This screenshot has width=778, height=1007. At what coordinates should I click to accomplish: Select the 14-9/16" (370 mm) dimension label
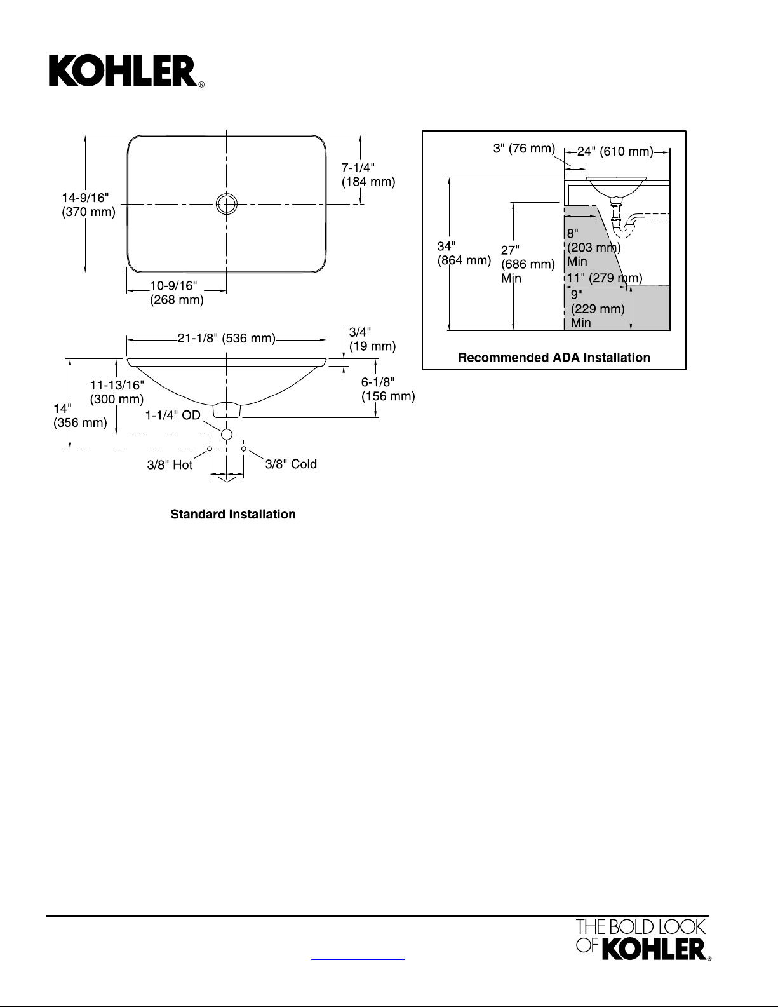[x=88, y=205]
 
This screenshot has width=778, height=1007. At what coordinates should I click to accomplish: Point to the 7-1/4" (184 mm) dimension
[x=368, y=175]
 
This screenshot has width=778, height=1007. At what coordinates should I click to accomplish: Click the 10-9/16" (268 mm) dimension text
[x=176, y=293]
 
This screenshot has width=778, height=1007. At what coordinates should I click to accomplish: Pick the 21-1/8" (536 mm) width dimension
[x=226, y=339]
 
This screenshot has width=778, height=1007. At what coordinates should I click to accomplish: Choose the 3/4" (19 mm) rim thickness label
[x=372, y=339]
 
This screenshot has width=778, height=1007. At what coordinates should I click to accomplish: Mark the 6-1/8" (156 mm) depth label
[x=387, y=389]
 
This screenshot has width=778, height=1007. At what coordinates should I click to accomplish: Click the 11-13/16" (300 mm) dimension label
[x=117, y=392]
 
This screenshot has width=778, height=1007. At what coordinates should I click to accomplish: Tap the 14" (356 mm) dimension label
[x=79, y=416]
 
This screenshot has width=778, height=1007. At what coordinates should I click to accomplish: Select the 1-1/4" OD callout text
[x=173, y=416]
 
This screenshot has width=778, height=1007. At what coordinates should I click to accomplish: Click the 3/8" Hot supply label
[x=170, y=465]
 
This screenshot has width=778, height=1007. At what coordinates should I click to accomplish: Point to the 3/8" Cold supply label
[x=290, y=464]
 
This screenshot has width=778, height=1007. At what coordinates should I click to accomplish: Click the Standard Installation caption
[x=233, y=514]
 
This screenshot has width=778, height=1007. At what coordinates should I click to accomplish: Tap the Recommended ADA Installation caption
[x=554, y=358]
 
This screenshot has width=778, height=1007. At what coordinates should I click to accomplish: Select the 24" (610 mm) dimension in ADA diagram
[x=615, y=151]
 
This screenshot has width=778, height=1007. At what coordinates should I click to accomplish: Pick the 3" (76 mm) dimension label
[x=524, y=149]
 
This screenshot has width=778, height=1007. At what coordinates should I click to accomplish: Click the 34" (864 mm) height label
[x=464, y=253]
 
